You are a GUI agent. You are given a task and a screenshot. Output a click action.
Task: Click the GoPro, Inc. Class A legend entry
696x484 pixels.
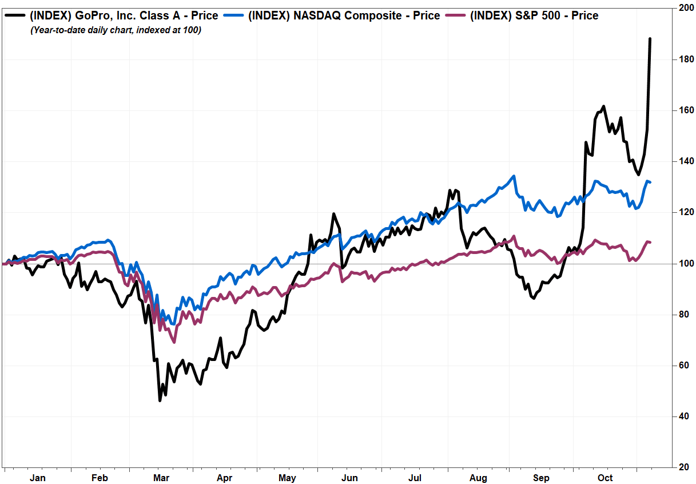pyautogui.click(x=124, y=16)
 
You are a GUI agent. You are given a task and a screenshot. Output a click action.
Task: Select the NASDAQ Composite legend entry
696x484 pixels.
pyautogui.click(x=344, y=16)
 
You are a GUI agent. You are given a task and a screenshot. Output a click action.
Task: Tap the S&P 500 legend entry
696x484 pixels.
pyautogui.click(x=534, y=16)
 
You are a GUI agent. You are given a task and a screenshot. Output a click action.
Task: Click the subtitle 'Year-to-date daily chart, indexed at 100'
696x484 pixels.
pyautogui.click(x=116, y=30)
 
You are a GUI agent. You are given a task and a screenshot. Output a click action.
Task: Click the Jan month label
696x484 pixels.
pyautogui.click(x=37, y=478)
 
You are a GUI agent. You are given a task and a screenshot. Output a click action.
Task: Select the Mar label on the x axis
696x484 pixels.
pyautogui.click(x=162, y=478)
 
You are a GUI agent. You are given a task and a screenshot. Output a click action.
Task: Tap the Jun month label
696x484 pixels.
pyautogui.click(x=349, y=478)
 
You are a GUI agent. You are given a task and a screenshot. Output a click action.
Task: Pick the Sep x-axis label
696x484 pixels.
pyautogui.click(x=541, y=478)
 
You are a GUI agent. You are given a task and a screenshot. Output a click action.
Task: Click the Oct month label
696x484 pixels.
pyautogui.click(x=605, y=478)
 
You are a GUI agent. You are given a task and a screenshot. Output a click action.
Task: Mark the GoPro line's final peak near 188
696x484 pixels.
pyautogui.click(x=650, y=39)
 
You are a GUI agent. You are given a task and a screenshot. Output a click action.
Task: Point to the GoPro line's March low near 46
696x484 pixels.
pyautogui.click(x=160, y=400)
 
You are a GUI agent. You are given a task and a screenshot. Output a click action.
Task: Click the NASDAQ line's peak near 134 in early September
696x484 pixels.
pyautogui.click(x=514, y=176)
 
